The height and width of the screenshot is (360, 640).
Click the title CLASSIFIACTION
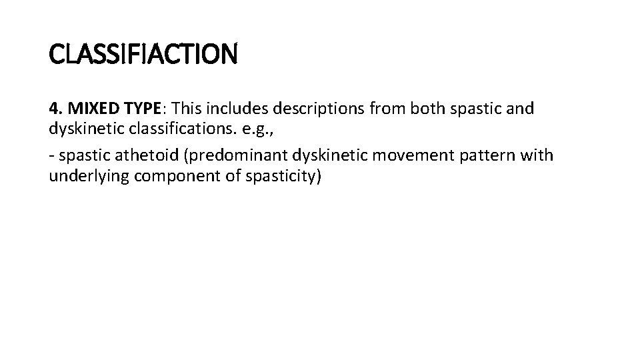tap(143, 54)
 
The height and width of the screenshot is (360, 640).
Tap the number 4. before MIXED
tap(55, 109)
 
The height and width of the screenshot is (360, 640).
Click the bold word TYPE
tap(137, 109)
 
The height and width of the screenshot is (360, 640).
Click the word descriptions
tap(312, 109)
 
